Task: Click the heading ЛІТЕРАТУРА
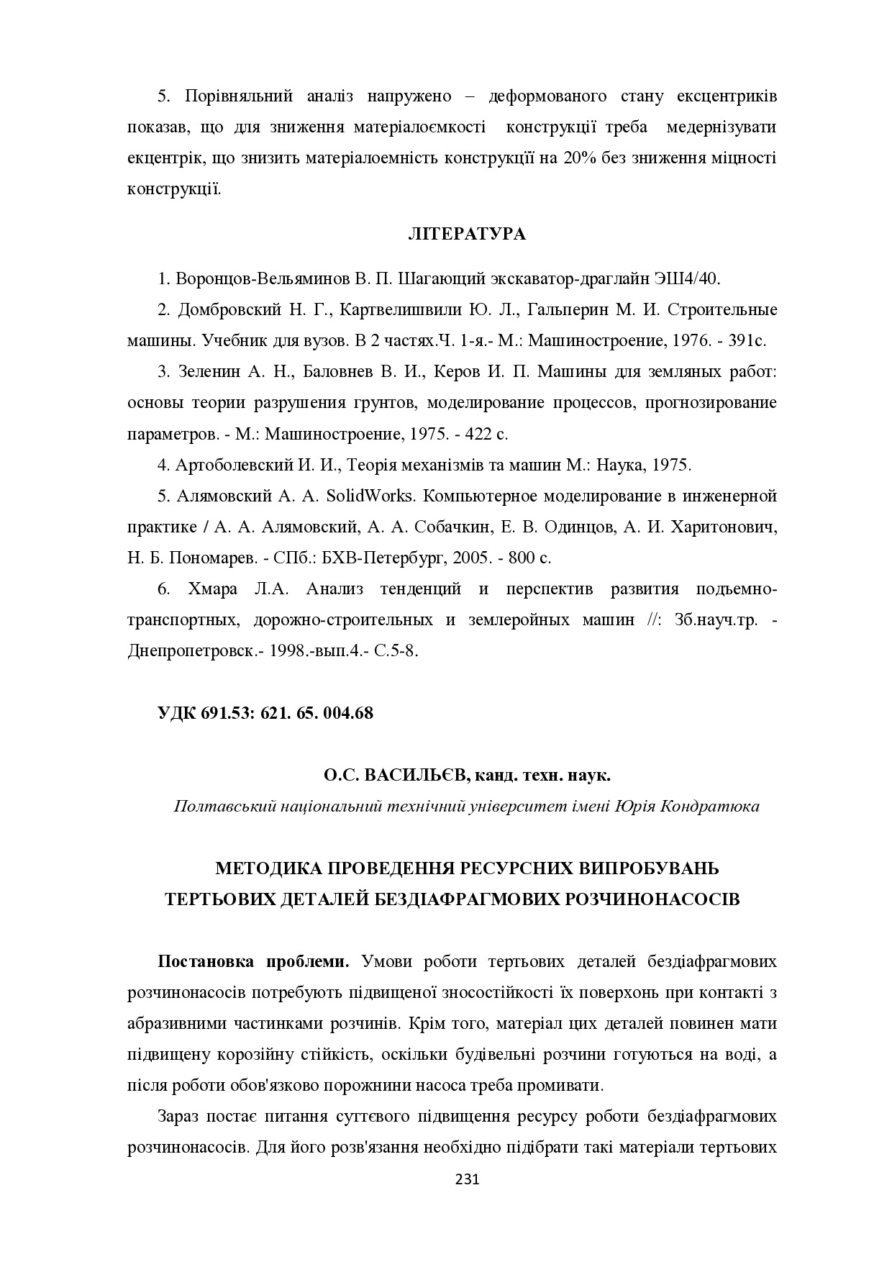466,235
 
